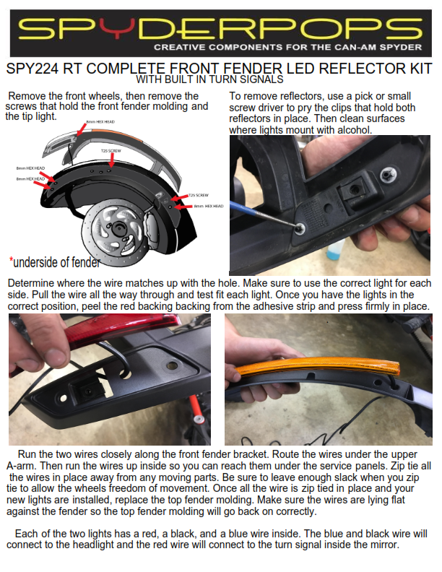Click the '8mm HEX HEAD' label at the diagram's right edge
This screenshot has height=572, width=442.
click(208, 207)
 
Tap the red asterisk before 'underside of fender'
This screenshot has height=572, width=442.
click(12, 261)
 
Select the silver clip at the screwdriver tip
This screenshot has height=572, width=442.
click(298, 227)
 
